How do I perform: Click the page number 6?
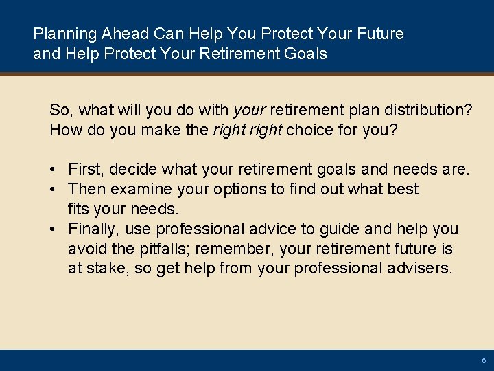484,360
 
